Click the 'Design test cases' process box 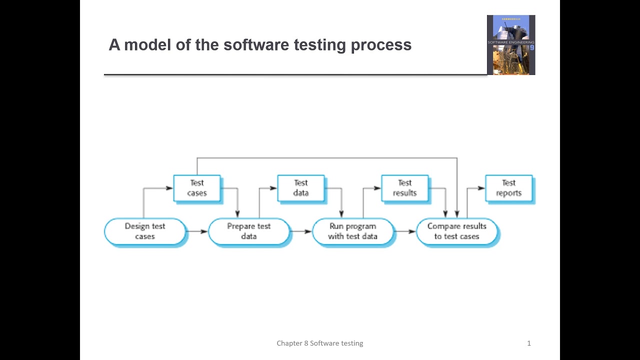[145, 231]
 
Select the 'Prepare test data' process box [249, 231]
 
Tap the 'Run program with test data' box [353, 231]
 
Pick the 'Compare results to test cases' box [457, 231]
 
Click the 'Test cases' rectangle [197, 188]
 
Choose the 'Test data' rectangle [301, 188]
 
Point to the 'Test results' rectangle [405, 188]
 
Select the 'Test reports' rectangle [509, 188]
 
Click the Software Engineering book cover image [511, 45]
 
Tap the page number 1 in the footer [529, 343]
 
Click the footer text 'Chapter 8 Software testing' [320, 343]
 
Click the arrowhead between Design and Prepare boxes [204, 231]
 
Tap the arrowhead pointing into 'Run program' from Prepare [308, 231]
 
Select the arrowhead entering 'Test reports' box [481, 188]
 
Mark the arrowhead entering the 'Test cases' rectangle [169, 188]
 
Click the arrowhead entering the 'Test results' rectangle [377, 188]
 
